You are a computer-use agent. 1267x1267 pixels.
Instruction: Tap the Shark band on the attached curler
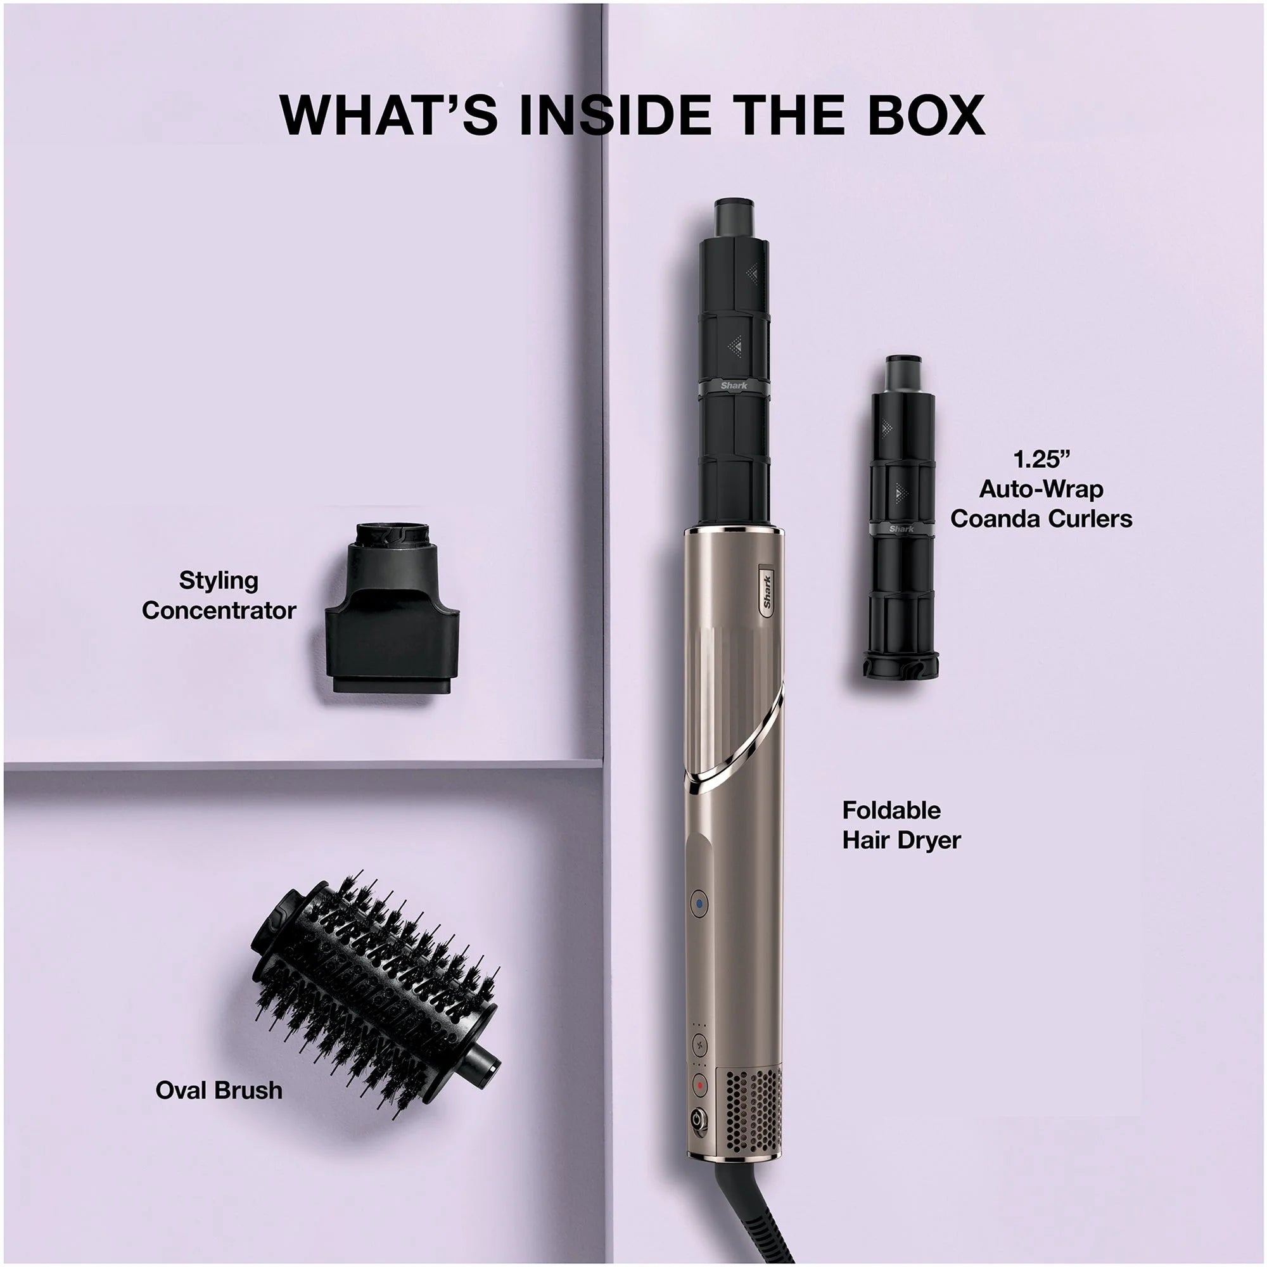click(x=734, y=386)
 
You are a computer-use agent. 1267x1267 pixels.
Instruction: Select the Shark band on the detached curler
click(x=901, y=528)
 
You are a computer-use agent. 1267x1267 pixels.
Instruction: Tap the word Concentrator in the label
click(x=219, y=611)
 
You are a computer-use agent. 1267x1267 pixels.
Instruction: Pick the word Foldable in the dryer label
click(x=891, y=811)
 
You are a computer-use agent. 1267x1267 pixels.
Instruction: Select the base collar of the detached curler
click(x=901, y=664)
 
